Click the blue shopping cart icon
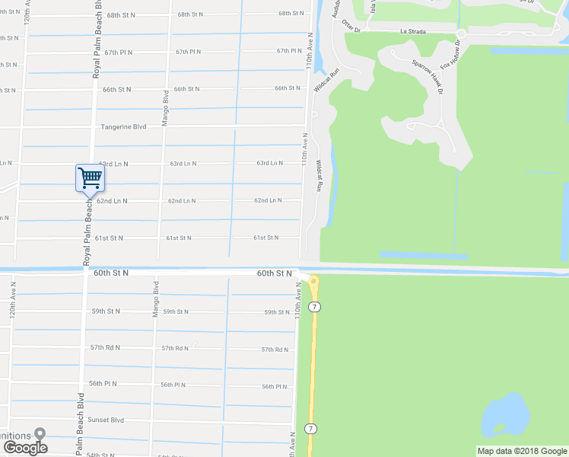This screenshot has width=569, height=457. click(x=90, y=178)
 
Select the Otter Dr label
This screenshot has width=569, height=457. click(x=351, y=26)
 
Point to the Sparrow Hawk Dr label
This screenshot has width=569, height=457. click(x=428, y=76)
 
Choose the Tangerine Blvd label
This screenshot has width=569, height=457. click(x=123, y=126)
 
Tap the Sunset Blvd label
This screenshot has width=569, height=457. click(x=106, y=420)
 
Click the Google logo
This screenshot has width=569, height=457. click(x=24, y=447)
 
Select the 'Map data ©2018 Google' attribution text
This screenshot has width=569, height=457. click(x=522, y=451)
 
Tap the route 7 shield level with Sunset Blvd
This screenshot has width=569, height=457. click(x=310, y=428)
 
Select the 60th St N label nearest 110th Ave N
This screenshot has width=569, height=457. click(x=275, y=273)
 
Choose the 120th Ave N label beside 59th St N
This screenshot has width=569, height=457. click(x=13, y=301)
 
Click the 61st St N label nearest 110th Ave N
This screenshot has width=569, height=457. click(x=265, y=238)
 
